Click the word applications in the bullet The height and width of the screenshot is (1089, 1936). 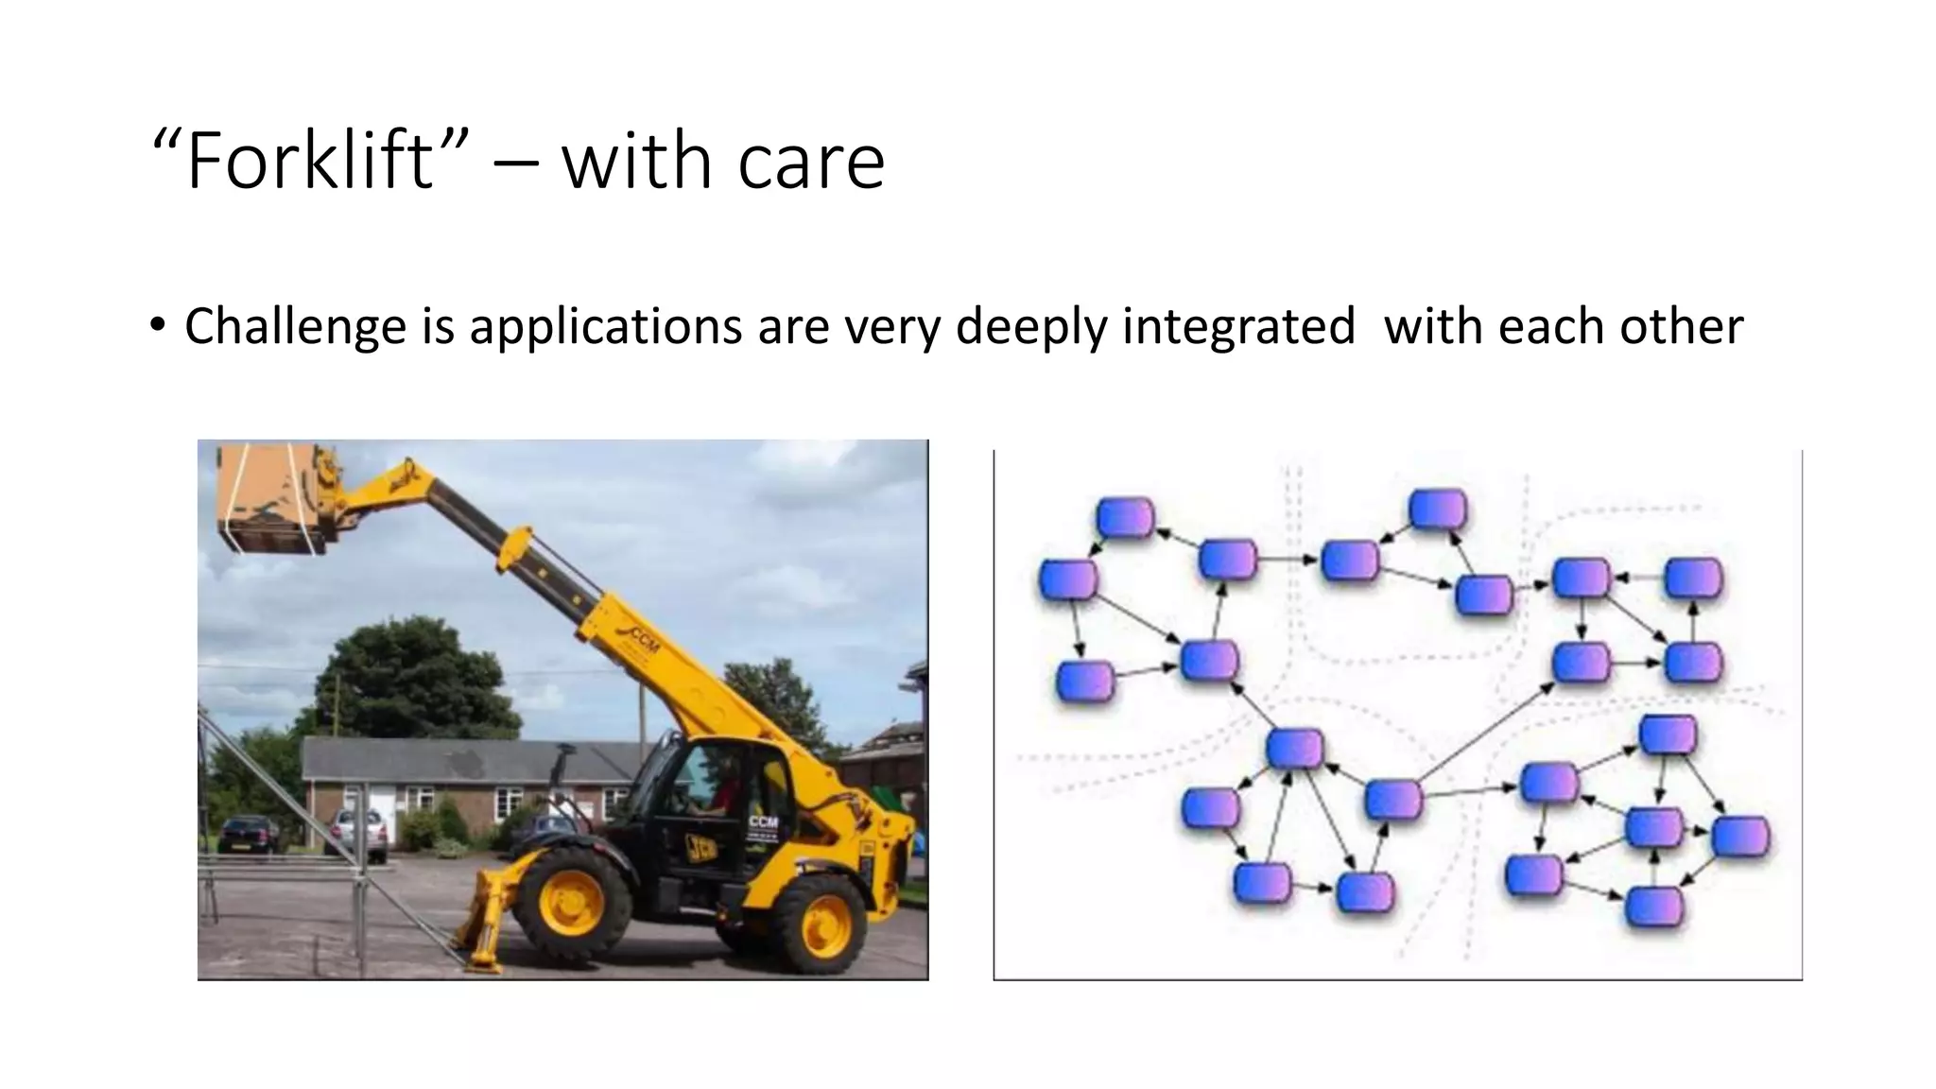click(x=604, y=326)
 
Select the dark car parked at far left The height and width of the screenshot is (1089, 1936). click(x=248, y=835)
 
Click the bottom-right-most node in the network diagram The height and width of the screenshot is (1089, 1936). click(x=1654, y=907)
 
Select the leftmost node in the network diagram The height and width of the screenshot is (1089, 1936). click(x=1067, y=579)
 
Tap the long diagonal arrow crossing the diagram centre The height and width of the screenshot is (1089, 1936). click(x=1487, y=736)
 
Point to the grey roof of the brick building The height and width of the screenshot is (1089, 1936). click(x=473, y=759)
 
